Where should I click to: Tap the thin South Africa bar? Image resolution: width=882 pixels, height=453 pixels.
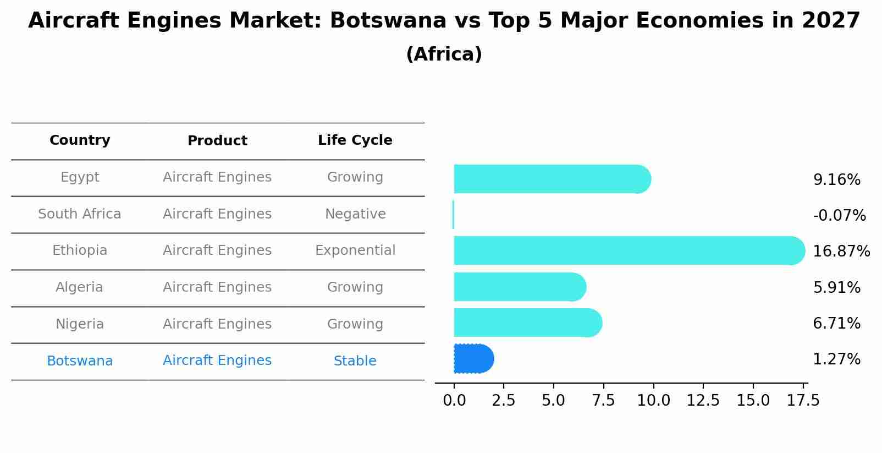coord(453,215)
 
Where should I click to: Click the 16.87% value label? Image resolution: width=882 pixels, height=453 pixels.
coord(841,252)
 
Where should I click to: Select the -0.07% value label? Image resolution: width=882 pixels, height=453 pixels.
coord(839,216)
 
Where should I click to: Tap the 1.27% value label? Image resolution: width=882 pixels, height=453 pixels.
coord(836,359)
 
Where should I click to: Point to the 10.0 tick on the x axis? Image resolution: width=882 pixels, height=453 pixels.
coord(653,400)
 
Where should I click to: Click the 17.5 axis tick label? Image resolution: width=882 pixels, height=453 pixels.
coord(803,400)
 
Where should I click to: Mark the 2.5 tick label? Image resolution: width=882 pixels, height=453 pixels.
coord(503,400)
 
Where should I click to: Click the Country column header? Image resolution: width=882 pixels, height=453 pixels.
coord(80,140)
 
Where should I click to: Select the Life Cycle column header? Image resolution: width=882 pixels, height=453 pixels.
coord(355,140)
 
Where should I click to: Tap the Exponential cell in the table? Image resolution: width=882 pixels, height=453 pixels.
coord(355,250)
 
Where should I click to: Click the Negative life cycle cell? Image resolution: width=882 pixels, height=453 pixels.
coord(355,214)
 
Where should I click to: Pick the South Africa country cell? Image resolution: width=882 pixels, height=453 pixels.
coord(80,214)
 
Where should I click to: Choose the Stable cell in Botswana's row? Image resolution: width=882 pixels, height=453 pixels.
coord(355,361)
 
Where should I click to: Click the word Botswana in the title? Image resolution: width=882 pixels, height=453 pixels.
coord(388,21)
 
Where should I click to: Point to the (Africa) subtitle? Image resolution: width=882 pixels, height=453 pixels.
coord(444,54)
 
